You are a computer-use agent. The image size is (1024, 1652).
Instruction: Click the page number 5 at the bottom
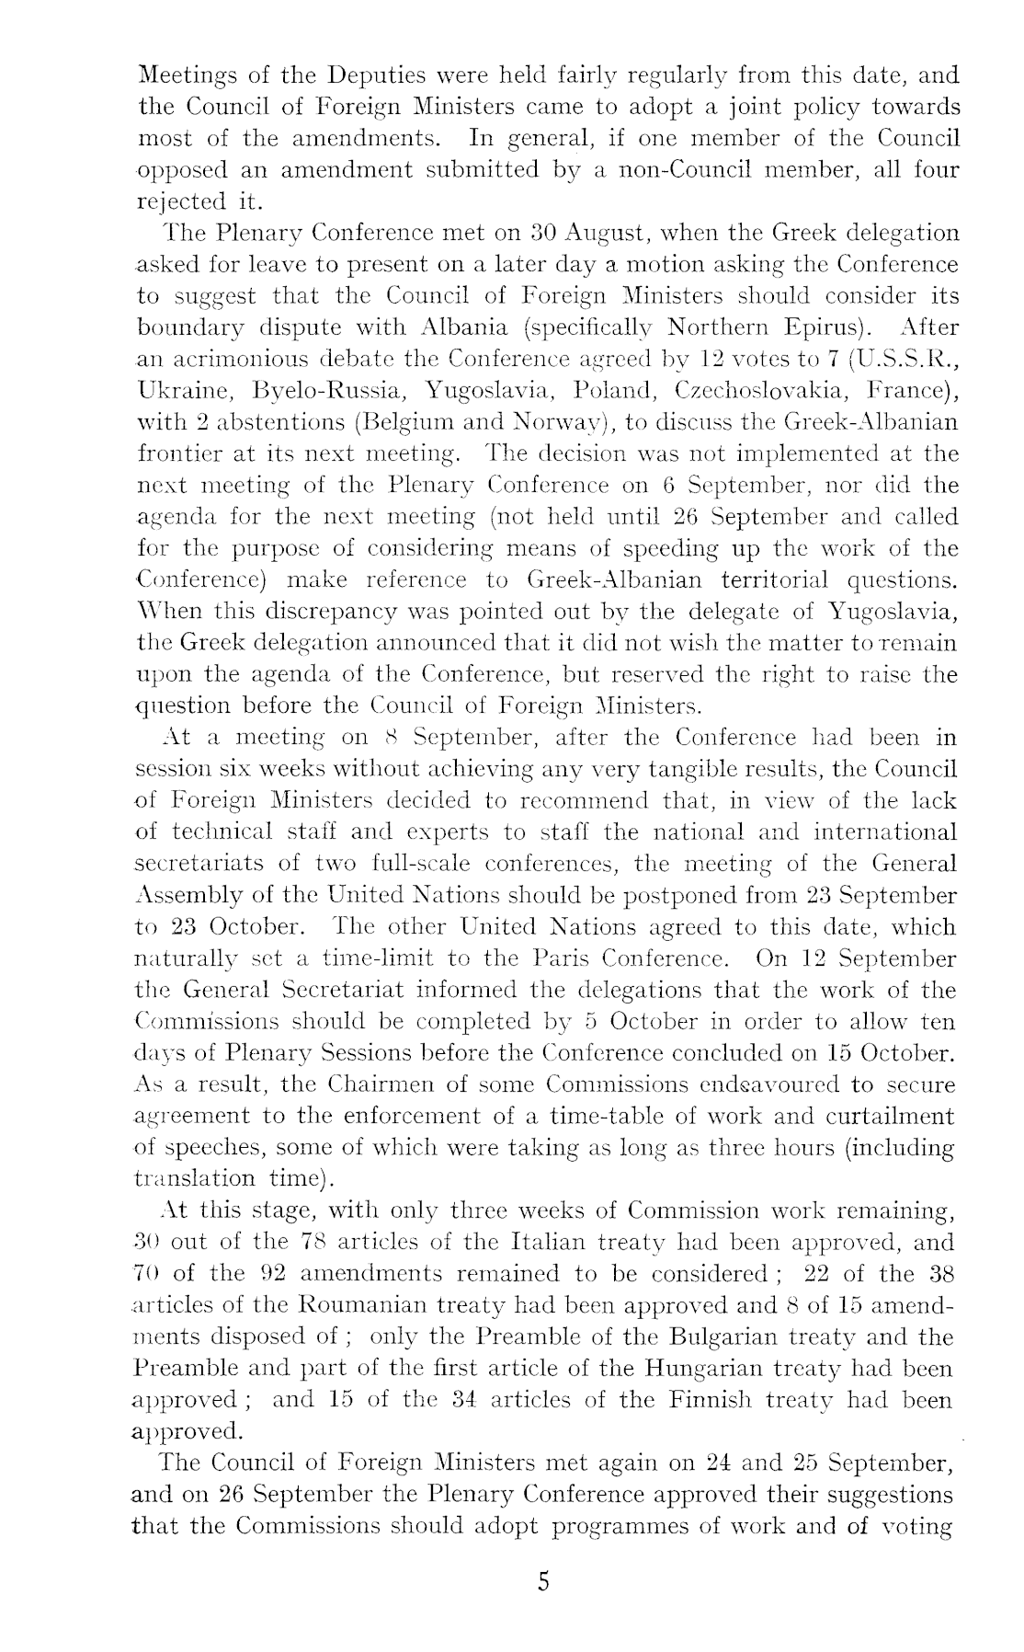[543, 1582]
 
